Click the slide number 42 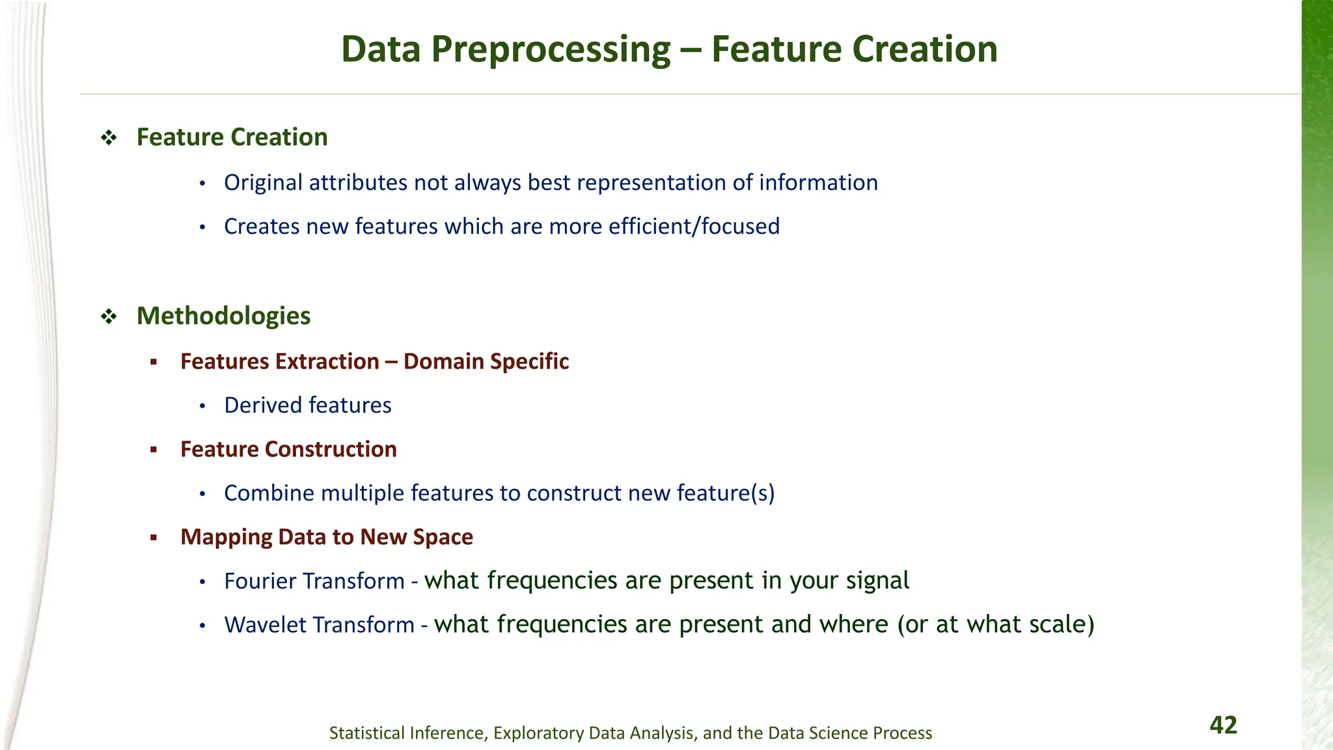pyautogui.click(x=1223, y=725)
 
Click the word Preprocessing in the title pyautogui.click(x=551, y=49)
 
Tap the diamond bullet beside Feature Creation pyautogui.click(x=109, y=137)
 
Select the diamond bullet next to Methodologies pyautogui.click(x=109, y=316)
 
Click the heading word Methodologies pyautogui.click(x=223, y=316)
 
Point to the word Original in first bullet pyautogui.click(x=263, y=183)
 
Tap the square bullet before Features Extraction pyautogui.click(x=154, y=362)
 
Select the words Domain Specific pyautogui.click(x=486, y=361)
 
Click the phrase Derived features pyautogui.click(x=307, y=406)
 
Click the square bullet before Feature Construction pyautogui.click(x=154, y=450)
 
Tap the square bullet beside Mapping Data pyautogui.click(x=154, y=538)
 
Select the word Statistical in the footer pyautogui.click(x=367, y=733)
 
